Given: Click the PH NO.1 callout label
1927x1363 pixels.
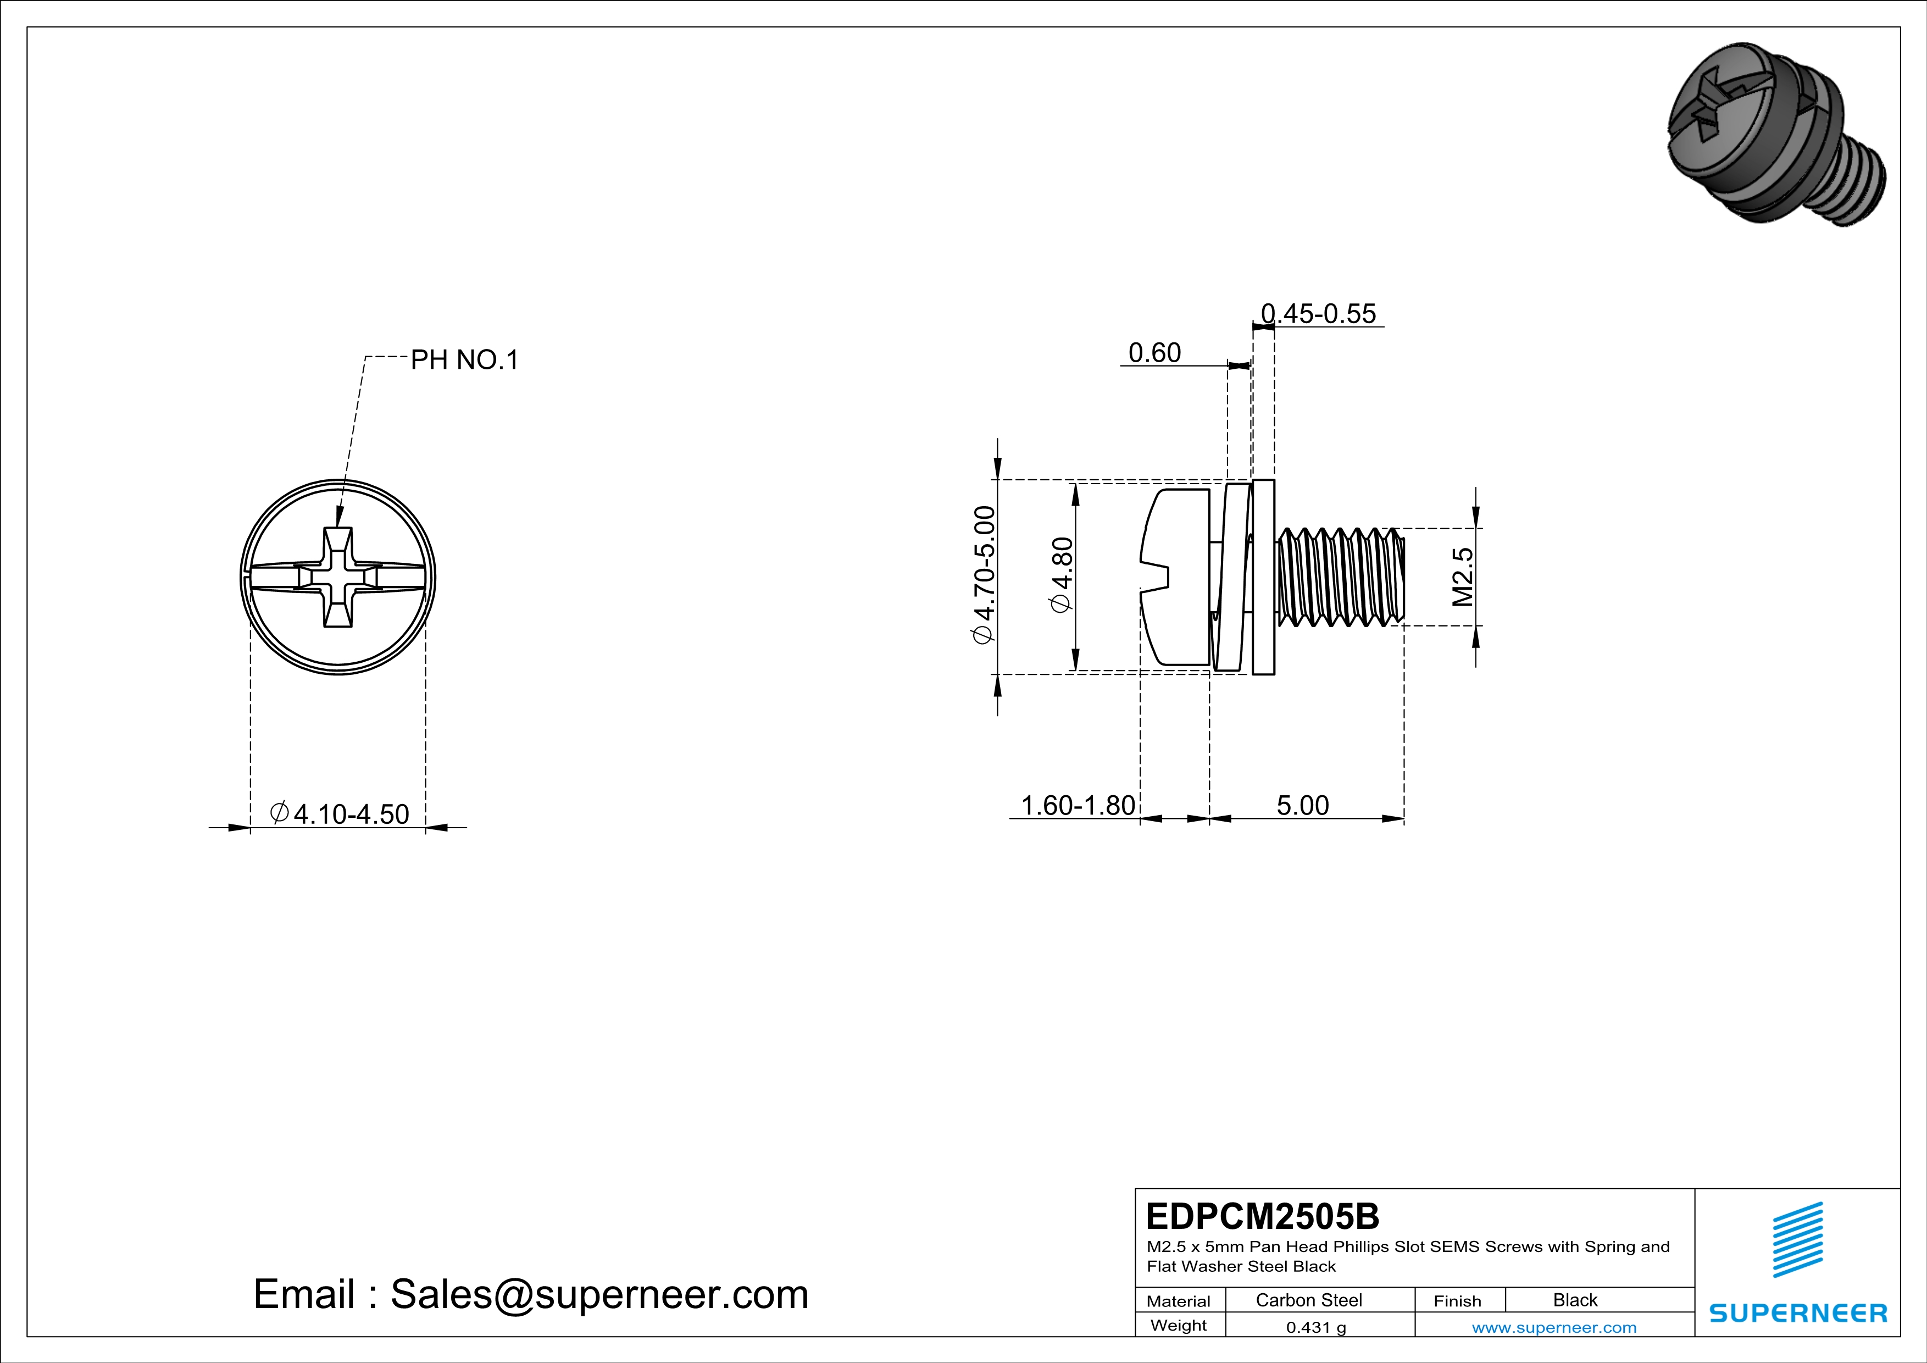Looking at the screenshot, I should coord(464,360).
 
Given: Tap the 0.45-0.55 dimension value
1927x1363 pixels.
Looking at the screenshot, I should coord(1319,314).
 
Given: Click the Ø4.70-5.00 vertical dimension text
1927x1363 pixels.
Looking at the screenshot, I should coord(983,575).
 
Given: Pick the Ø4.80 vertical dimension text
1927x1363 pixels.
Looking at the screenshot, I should coord(1062,575).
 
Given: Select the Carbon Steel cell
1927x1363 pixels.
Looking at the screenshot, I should coord(1308,1300).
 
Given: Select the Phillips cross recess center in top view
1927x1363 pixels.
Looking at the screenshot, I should coord(338,578).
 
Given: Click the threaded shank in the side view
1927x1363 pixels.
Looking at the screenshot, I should coord(1340,578).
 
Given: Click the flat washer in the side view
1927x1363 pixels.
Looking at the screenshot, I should coord(1263,578).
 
